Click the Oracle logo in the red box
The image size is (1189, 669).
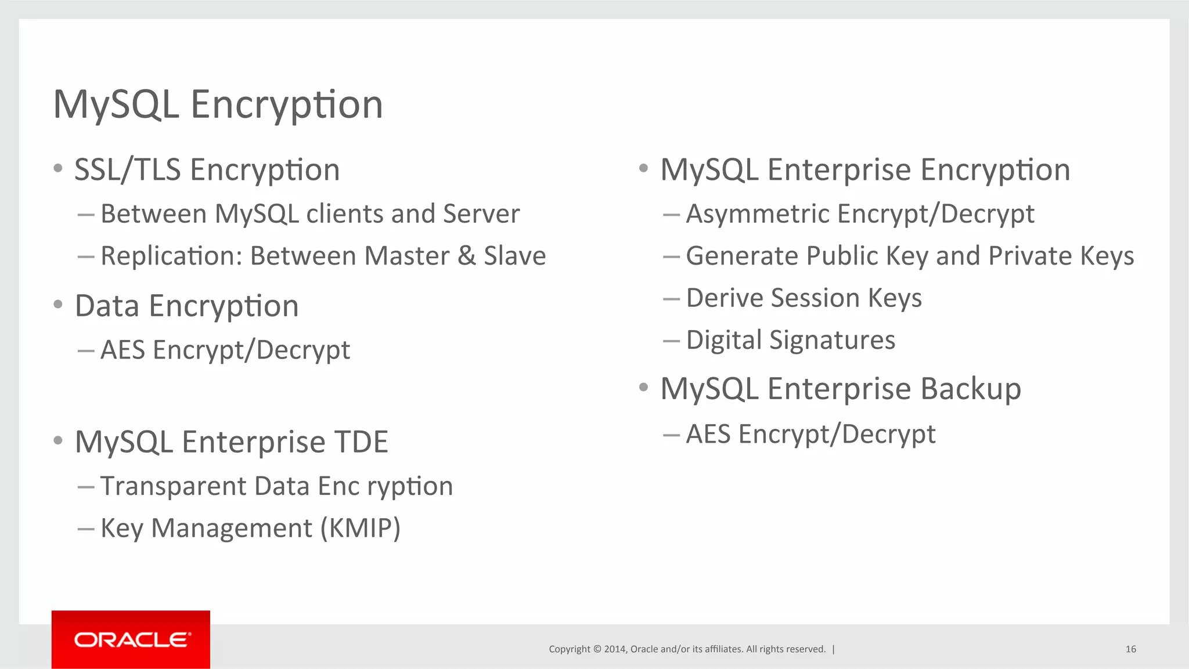(132, 640)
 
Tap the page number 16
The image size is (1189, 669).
(1130, 649)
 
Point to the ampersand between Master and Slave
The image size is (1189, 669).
(466, 256)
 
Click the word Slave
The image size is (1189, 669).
(515, 256)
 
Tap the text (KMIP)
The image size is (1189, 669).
(361, 528)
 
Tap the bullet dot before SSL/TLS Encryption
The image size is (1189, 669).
(57, 169)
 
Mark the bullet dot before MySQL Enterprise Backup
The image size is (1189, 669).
(643, 387)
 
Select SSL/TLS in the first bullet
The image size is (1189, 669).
(128, 170)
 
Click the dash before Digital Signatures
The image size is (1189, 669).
(671, 341)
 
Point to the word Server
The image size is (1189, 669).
(481, 214)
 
